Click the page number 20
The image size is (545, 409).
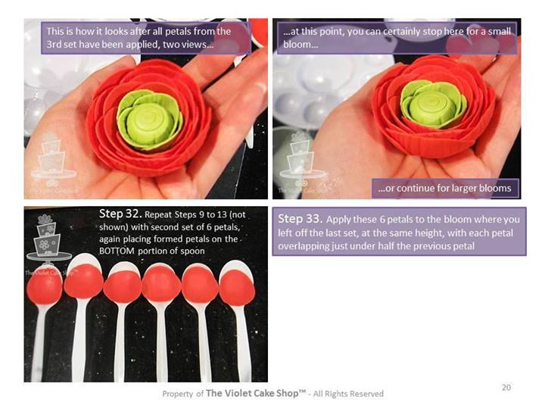pos(506,387)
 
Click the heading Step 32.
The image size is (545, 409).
pos(120,213)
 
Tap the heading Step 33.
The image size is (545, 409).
pos(301,219)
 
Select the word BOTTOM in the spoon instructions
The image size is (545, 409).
pos(117,251)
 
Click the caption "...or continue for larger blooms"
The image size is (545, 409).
pos(444,188)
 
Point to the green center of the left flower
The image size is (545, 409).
pos(149,120)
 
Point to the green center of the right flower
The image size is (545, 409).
pos(433,102)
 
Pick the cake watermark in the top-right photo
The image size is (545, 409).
pos(301,158)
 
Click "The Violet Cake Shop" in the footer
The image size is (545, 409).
pos(256,393)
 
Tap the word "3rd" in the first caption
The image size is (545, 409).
pos(53,45)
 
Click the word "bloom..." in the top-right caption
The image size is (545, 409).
pos(301,45)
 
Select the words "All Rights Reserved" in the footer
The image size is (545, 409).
pos(348,394)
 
